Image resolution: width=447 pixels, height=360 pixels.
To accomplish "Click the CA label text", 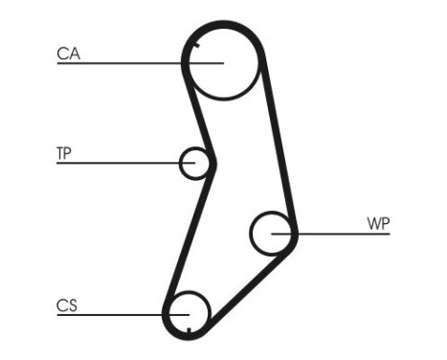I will (69, 55).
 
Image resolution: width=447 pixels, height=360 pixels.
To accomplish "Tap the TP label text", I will (65, 153).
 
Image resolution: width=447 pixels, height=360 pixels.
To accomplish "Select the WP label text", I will (378, 224).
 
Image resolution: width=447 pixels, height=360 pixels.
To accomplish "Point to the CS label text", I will (67, 306).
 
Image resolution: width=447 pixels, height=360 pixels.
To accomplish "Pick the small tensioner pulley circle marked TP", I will (196, 163).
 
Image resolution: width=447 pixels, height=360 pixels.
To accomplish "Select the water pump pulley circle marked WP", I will (272, 233).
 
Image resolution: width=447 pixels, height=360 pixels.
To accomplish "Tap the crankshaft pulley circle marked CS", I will (189, 312).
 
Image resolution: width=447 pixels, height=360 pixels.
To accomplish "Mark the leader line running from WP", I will (340, 234).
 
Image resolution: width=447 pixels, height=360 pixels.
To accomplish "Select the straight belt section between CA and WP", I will (279, 144).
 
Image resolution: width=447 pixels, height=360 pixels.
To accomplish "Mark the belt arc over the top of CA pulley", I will (225, 22).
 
